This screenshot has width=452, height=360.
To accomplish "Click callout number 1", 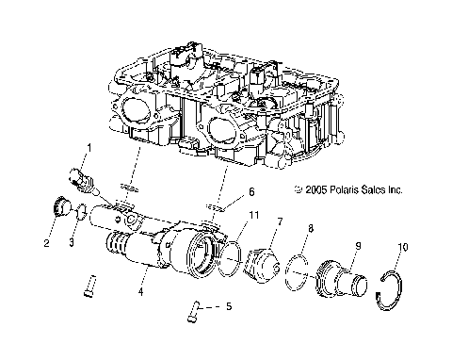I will coord(89,148).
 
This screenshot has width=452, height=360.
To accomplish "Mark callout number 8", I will coord(313,228).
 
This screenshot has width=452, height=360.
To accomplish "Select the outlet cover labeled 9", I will coord(345,284).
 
